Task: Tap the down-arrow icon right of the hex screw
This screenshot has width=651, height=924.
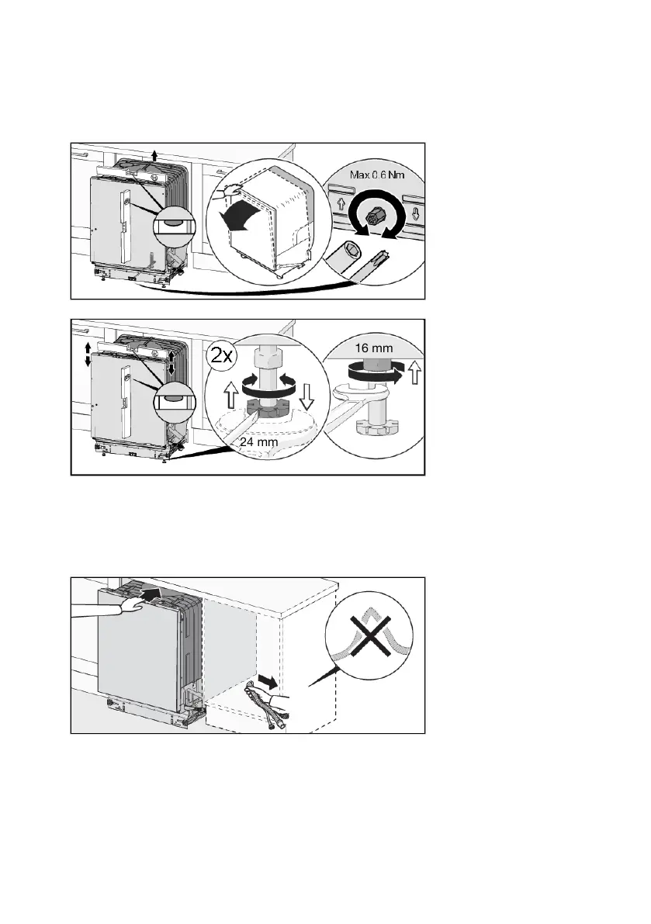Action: point(416,211)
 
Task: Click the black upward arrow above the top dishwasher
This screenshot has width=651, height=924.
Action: point(154,151)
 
